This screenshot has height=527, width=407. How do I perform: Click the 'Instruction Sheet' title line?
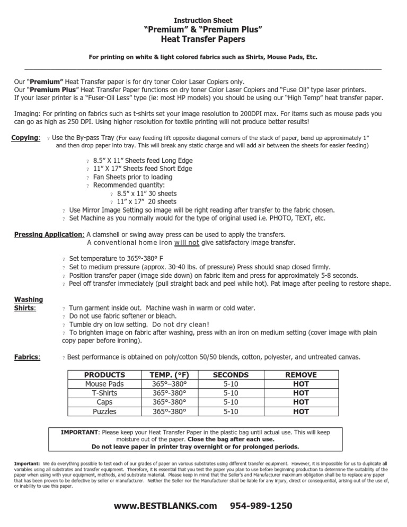coord(203,20)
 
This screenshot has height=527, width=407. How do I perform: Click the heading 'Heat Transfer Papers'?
coord(203,39)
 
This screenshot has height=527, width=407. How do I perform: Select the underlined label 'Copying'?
coord(25,138)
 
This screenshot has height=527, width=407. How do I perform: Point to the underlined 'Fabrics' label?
coord(25,357)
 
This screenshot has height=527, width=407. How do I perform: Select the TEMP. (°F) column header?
coord(170,374)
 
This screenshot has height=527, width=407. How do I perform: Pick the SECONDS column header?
coord(231,374)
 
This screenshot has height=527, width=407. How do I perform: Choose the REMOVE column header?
coord(301,374)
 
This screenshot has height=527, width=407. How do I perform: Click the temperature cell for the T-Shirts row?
coord(170,392)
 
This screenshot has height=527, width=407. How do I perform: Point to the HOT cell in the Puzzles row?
coord(301,410)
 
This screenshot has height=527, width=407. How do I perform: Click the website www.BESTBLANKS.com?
coord(165,506)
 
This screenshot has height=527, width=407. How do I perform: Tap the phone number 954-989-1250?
coord(261,506)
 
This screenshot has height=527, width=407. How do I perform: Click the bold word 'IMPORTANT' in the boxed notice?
coord(79,432)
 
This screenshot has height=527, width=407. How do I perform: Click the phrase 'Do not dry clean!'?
coord(180,324)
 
